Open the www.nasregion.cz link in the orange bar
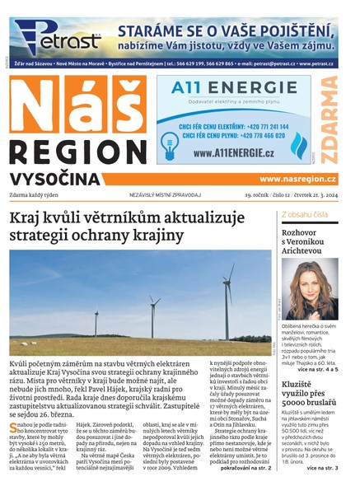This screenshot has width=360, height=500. [x=297, y=179]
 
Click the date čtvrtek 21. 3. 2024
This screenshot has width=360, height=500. [x=309, y=195]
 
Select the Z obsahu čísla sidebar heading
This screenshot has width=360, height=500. [x=304, y=214]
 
